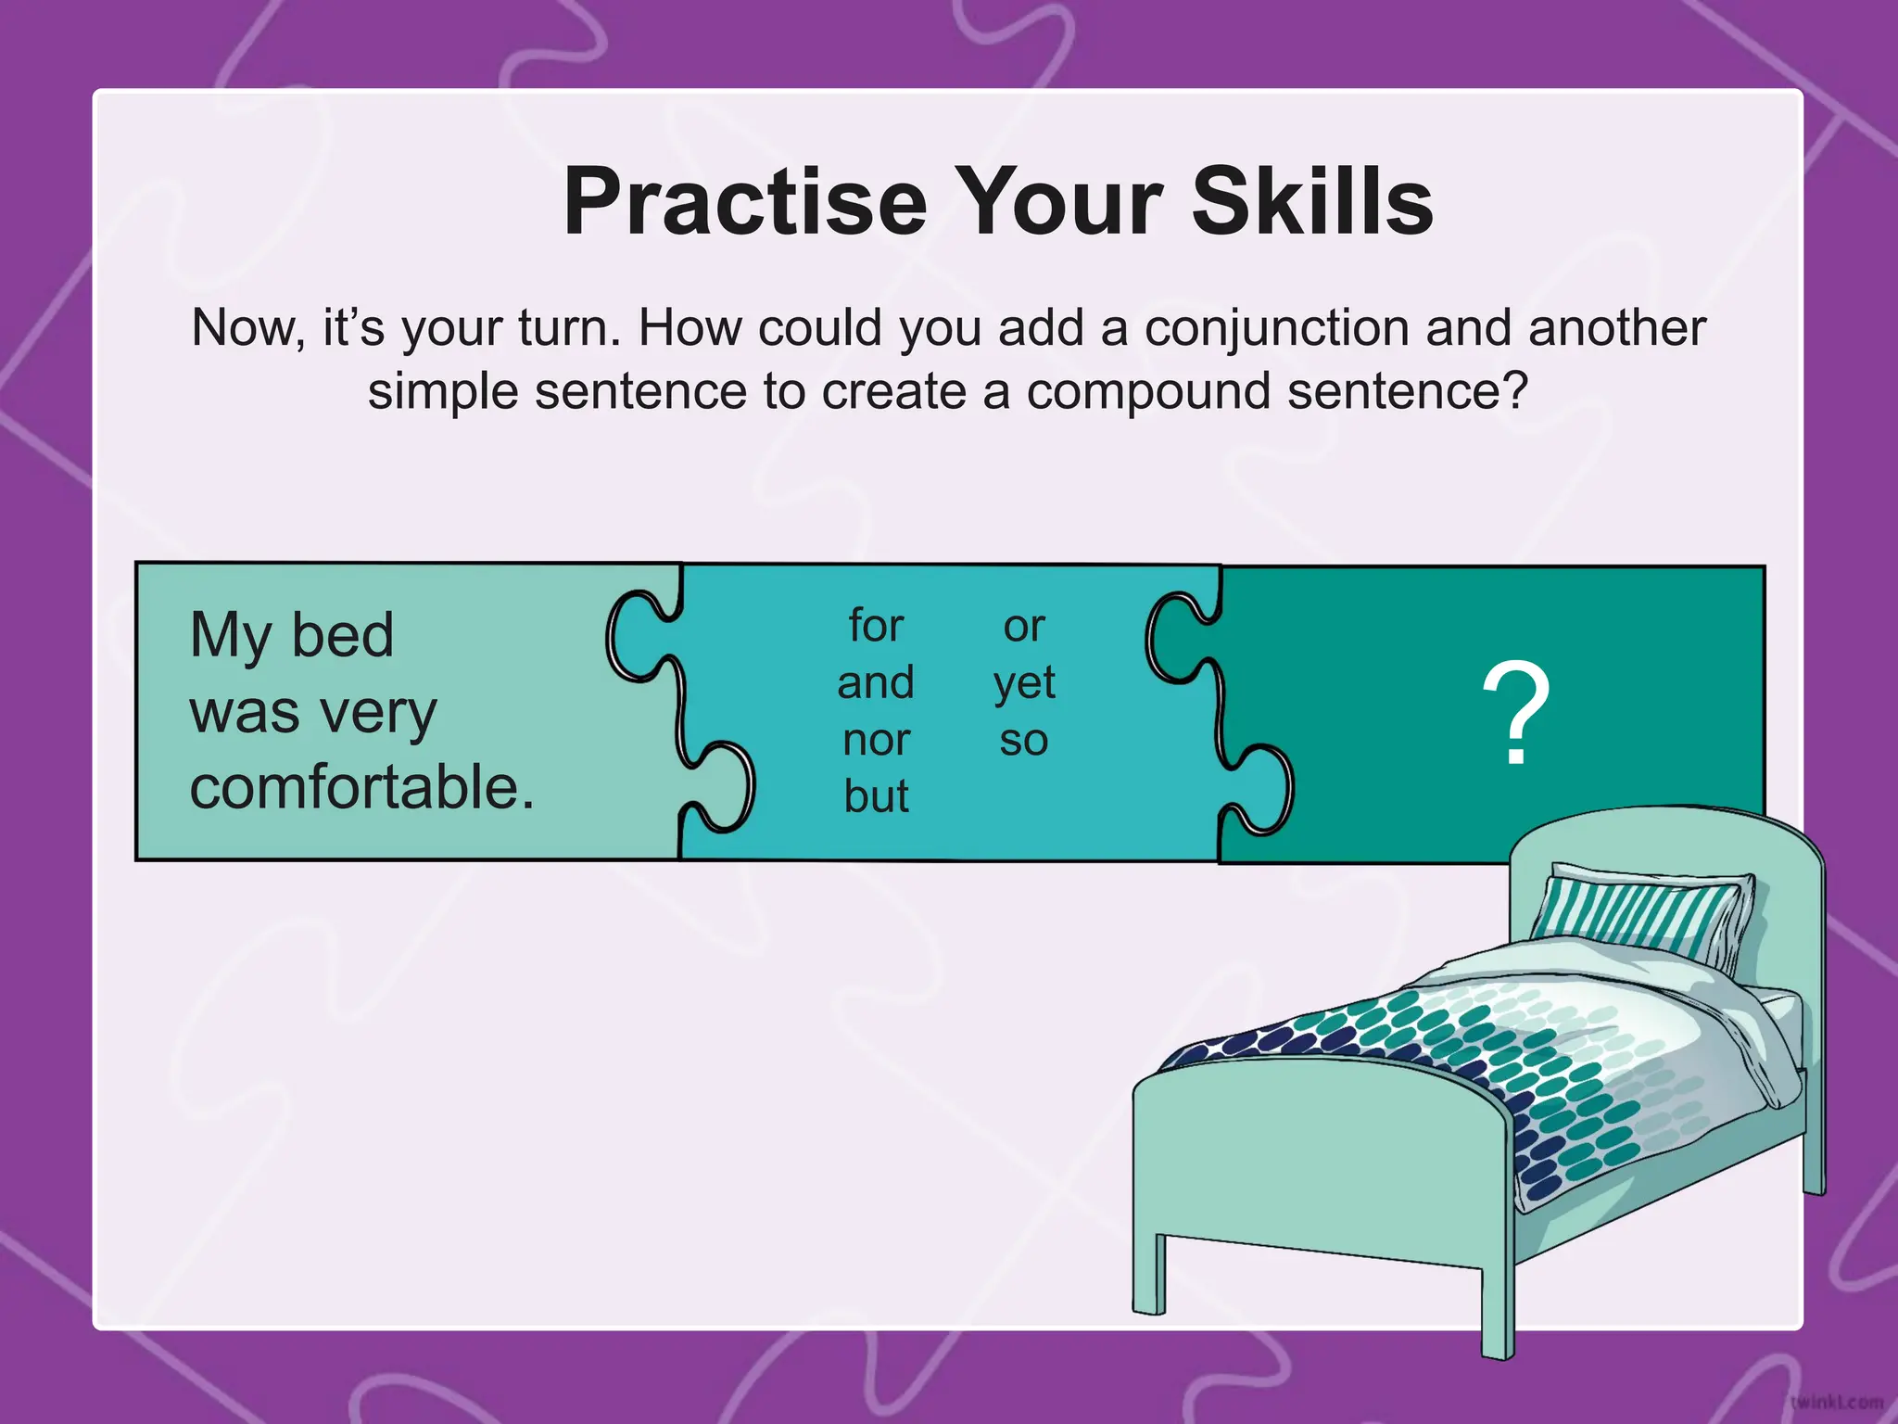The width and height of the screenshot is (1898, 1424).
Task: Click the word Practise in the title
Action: pyautogui.click(x=745, y=202)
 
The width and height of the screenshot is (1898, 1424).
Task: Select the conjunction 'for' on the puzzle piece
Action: pyautogui.click(x=875, y=626)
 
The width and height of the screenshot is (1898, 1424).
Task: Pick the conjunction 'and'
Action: pyautogui.click(x=875, y=683)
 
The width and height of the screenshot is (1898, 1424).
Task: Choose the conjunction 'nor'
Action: pyautogui.click(x=876, y=740)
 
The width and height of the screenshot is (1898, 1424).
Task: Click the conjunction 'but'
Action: pyautogui.click(x=876, y=796)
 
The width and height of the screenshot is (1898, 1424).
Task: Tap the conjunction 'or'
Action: pyautogui.click(x=1023, y=627)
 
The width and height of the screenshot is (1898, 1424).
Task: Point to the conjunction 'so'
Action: pyautogui.click(x=1023, y=741)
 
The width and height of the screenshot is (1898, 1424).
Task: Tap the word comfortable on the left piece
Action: pyautogui.click(x=361, y=787)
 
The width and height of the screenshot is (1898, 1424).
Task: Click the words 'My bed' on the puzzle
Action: pyautogui.click(x=292, y=636)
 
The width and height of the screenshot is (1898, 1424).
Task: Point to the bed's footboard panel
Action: pyautogui.click(x=1316, y=1159)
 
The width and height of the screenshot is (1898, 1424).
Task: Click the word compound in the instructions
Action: pyautogui.click(x=1147, y=391)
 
